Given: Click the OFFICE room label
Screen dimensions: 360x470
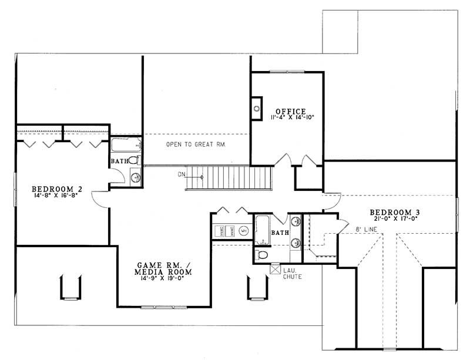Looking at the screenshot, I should point(288,111).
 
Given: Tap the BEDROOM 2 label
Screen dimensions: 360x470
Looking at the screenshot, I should point(56,189).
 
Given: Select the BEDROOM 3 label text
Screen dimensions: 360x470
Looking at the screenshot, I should point(394,212).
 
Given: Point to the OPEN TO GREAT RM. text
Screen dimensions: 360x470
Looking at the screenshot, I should point(196,144).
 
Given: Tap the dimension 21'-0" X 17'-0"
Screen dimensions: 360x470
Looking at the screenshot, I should point(394,218).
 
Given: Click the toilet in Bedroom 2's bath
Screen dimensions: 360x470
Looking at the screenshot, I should point(133,160).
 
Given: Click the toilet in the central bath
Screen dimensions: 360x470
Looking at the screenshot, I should point(262,255).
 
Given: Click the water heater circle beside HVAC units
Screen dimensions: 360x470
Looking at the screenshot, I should point(243,231).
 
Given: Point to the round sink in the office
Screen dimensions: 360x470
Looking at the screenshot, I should point(257,108).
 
